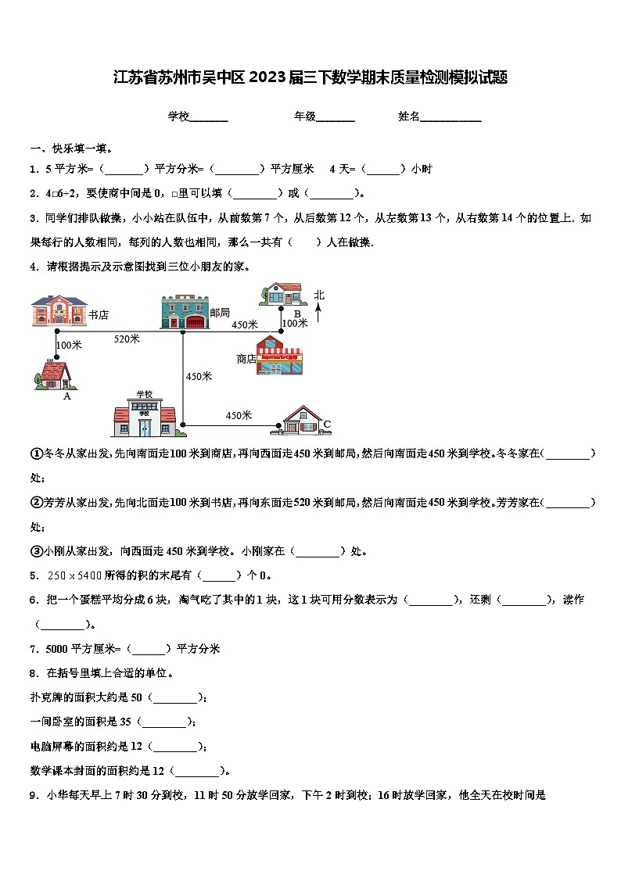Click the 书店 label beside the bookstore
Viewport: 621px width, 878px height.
click(98, 315)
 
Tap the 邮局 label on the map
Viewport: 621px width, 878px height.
click(220, 313)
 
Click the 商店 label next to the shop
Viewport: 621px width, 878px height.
click(246, 359)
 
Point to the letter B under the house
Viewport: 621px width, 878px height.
click(297, 314)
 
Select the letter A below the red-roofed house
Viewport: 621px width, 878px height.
click(66, 396)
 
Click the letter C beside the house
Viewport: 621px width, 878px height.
click(327, 425)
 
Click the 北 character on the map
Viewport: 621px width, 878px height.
click(319, 296)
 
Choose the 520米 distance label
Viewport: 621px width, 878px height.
click(127, 339)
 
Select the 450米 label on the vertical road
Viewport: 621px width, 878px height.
click(199, 376)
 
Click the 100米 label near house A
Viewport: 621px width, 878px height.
click(70, 345)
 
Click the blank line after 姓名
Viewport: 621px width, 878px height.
click(451, 116)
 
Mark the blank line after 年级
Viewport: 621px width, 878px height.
click(336, 116)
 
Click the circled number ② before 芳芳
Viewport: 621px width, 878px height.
click(36, 502)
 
